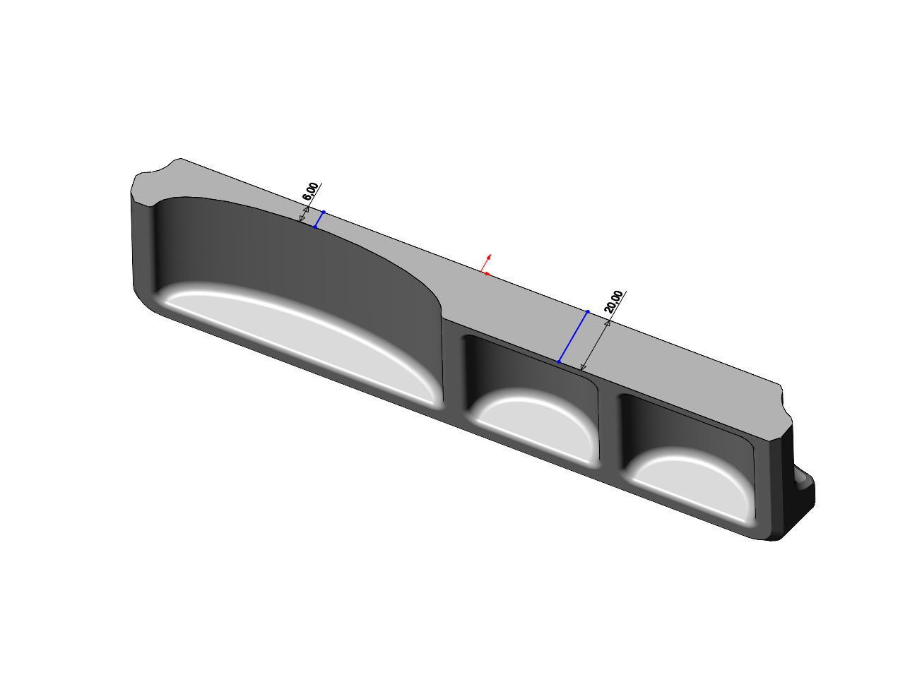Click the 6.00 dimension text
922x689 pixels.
pyautogui.click(x=310, y=191)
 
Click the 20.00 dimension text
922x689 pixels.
pyautogui.click(x=614, y=301)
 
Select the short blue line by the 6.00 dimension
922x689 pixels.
pyautogui.click(x=319, y=219)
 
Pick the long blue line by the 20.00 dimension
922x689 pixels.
pyautogui.click(x=573, y=337)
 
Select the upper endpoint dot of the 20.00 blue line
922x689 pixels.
pyautogui.click(x=588, y=311)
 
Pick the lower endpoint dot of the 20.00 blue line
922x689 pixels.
pyautogui.click(x=558, y=362)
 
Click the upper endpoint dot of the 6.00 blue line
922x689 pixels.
pyautogui.click(x=324, y=211)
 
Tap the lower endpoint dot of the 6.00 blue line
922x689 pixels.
pyautogui.click(x=314, y=227)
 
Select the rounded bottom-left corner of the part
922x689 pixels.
pyautogui.click(x=145, y=300)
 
